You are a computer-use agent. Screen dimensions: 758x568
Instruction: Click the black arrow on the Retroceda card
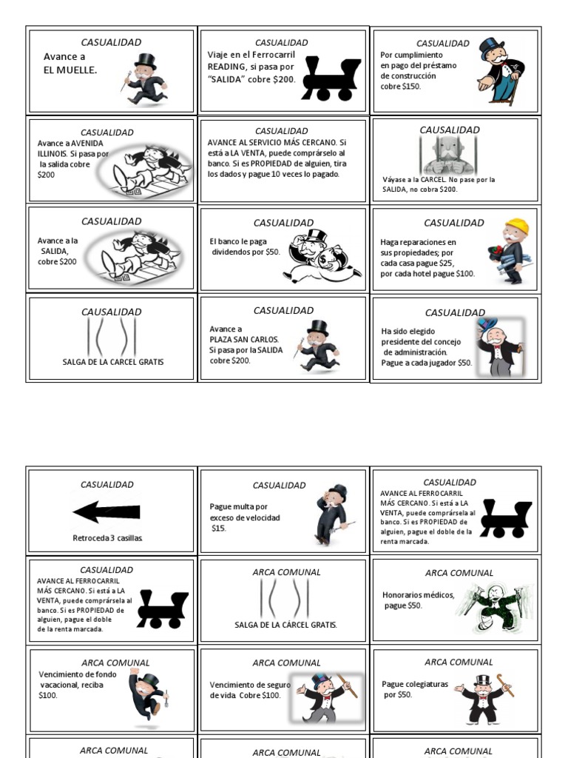coord(106,512)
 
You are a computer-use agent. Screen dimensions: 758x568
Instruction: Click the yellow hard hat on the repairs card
coord(517,227)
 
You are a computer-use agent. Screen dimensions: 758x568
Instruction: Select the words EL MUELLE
coord(70,70)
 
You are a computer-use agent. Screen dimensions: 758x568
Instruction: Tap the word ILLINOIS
coord(53,154)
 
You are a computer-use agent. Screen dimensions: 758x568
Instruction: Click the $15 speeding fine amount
coord(219,529)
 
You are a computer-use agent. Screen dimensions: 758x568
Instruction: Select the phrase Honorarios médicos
coord(418,594)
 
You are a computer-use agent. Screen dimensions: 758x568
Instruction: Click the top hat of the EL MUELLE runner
coord(146,61)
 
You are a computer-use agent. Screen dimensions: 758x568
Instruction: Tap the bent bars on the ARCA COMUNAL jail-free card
coord(284,598)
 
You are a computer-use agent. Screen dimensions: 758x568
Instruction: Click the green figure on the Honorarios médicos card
coord(497,607)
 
